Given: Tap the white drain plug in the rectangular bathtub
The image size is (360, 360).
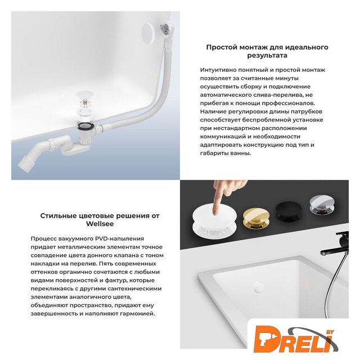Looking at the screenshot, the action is tap(259, 286).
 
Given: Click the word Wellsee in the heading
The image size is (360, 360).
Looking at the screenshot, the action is tap(100, 224).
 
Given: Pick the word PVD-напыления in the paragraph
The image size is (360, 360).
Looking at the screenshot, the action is tap(120, 238).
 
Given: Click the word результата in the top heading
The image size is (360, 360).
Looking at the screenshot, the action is tap(267, 56).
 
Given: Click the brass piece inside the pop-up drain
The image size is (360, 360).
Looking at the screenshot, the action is tap(85, 101).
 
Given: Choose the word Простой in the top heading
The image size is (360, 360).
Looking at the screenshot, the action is tap(222, 47).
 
